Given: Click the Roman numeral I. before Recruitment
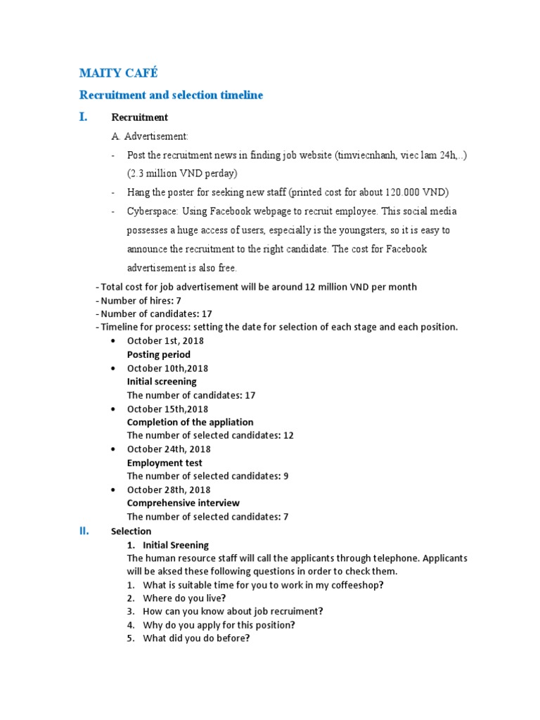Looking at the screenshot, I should click(x=83, y=117).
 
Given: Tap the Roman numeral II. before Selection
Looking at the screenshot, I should click(x=84, y=531).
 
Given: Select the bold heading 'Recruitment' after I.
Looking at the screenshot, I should click(x=139, y=117).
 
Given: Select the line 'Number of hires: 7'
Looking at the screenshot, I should click(x=141, y=300).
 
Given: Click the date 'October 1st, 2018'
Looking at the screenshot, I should click(x=165, y=341).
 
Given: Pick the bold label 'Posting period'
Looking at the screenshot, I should click(x=158, y=354).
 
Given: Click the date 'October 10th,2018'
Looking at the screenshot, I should click(x=167, y=368).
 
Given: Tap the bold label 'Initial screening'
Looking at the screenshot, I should click(x=161, y=381).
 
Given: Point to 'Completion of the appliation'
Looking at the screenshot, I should click(x=190, y=422).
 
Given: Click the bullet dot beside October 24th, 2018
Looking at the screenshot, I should click(x=114, y=449).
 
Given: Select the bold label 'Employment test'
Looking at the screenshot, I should click(x=164, y=463).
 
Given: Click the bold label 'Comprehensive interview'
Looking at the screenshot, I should click(x=183, y=503).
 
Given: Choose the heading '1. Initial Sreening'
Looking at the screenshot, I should click(x=168, y=545).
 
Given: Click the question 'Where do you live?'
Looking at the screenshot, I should click(x=184, y=598).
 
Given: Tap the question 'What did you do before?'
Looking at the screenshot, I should click(x=196, y=638).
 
